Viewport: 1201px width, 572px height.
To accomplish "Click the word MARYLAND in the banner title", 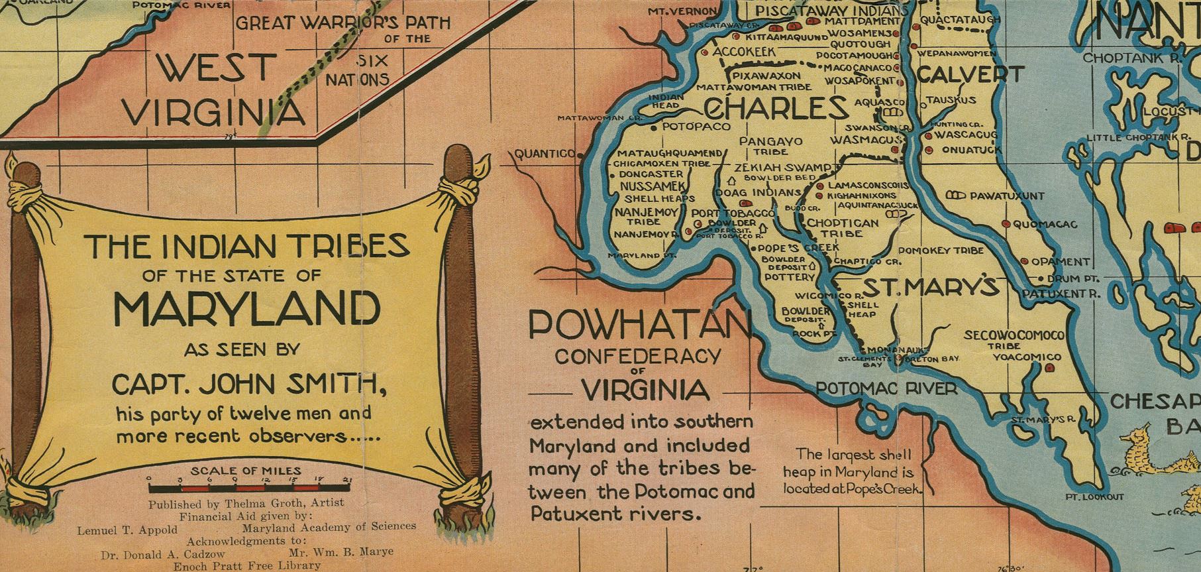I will point(247,308).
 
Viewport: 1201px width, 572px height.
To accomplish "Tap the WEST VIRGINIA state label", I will point(216,89).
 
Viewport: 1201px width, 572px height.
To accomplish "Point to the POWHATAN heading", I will point(639,324).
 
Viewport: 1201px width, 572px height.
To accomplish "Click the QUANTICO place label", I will point(545,154).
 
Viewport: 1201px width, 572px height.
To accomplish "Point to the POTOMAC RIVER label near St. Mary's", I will point(886,388).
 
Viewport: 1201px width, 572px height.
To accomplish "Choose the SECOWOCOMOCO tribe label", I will point(1014,335).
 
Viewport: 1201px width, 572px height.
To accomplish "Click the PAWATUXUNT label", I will point(1006,196).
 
